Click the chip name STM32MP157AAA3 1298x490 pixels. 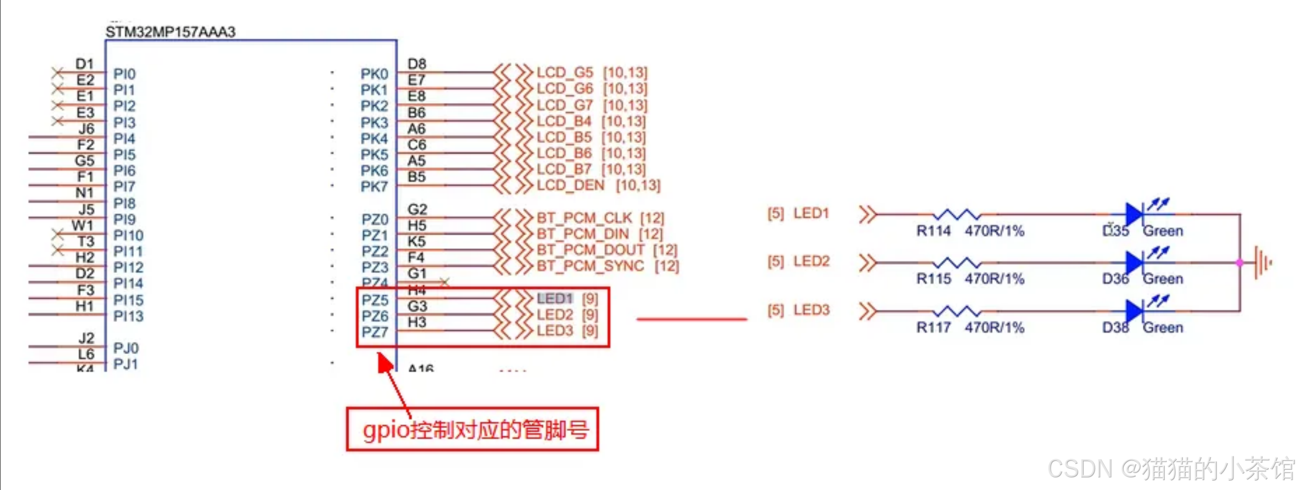click(x=170, y=32)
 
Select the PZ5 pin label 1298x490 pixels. click(x=375, y=300)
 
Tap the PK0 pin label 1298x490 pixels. click(x=374, y=74)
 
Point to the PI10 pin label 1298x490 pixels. click(x=128, y=236)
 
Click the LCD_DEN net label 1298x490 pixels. click(x=570, y=185)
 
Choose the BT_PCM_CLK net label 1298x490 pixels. click(x=584, y=218)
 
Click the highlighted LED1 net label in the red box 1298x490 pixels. click(x=555, y=299)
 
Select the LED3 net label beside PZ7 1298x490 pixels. click(x=555, y=331)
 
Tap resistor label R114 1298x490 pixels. click(x=933, y=231)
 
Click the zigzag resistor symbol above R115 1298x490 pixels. click(x=957, y=263)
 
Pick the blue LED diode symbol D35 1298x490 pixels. click(x=1133, y=214)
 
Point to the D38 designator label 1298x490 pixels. click(x=1115, y=328)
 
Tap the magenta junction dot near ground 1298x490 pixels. click(x=1239, y=263)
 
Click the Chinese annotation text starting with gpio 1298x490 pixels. click(x=475, y=430)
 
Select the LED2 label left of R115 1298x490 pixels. click(x=811, y=261)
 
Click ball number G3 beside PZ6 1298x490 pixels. click(x=417, y=306)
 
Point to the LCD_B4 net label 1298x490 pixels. click(x=564, y=121)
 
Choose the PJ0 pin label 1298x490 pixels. click(x=126, y=349)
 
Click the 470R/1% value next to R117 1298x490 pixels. click(x=994, y=328)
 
